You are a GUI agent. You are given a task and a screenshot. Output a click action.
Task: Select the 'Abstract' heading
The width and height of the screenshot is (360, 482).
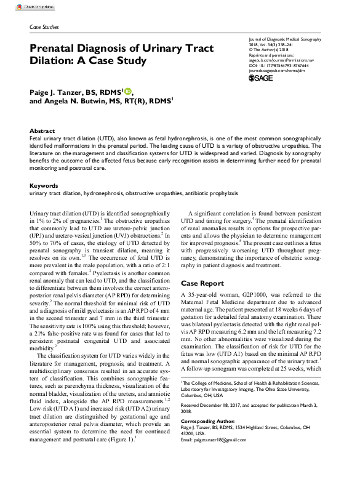pos(42,132)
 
